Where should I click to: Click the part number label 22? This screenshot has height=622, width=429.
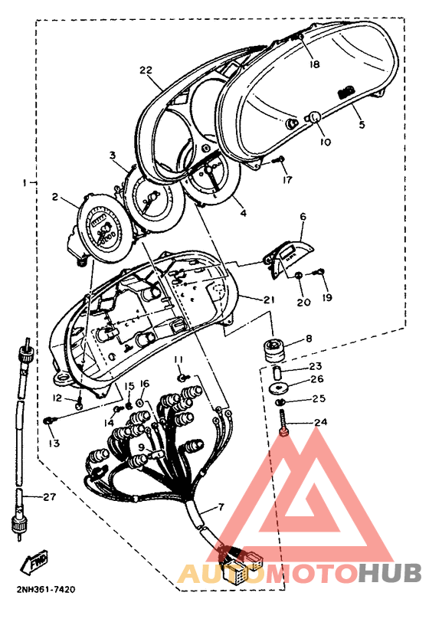point(146,70)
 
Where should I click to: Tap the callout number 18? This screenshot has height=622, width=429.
point(315,64)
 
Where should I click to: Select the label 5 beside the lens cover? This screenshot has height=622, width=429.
point(362,124)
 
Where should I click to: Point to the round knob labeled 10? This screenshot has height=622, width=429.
point(314,117)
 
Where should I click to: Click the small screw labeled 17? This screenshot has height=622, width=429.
point(279,160)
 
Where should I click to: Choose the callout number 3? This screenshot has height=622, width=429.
point(113,155)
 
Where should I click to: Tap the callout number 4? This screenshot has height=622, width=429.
point(244,213)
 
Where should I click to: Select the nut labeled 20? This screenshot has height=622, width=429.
point(300,275)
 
